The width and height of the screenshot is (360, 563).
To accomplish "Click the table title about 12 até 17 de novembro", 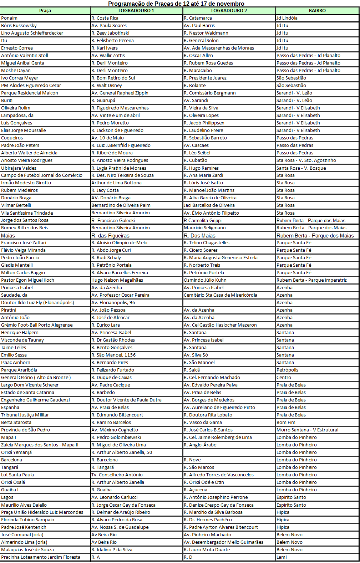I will point(176,4).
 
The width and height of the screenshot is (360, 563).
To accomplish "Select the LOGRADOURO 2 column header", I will point(229,11).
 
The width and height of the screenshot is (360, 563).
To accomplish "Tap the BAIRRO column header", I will point(317,11).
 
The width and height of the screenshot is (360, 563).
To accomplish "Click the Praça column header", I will point(45,11).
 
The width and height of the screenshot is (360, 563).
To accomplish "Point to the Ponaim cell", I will point(9,18).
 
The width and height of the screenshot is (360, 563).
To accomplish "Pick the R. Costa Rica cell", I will point(105,18).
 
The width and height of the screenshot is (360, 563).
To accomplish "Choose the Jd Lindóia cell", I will point(287,18).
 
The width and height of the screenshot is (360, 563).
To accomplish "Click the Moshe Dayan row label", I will point(16,71).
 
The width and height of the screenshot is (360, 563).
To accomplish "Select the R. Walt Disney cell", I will point(107,86).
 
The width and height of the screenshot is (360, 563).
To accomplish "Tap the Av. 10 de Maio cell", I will point(108,138).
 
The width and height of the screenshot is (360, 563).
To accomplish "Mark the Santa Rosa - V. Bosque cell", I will point(301,168).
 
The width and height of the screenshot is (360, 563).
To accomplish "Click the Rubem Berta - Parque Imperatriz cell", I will point(311,280).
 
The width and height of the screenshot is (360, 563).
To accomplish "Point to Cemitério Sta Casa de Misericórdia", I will point(220,295).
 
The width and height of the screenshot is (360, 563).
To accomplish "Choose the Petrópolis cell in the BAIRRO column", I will point(287,370).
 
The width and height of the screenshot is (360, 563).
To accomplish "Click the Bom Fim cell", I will point(286,423).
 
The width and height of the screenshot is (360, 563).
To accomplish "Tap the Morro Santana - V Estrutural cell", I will point(307,430).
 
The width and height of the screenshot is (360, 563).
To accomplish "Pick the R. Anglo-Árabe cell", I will point(200,445).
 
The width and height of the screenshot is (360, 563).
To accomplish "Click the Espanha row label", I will point(10,408).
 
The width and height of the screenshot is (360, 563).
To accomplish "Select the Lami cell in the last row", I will point(282,557).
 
